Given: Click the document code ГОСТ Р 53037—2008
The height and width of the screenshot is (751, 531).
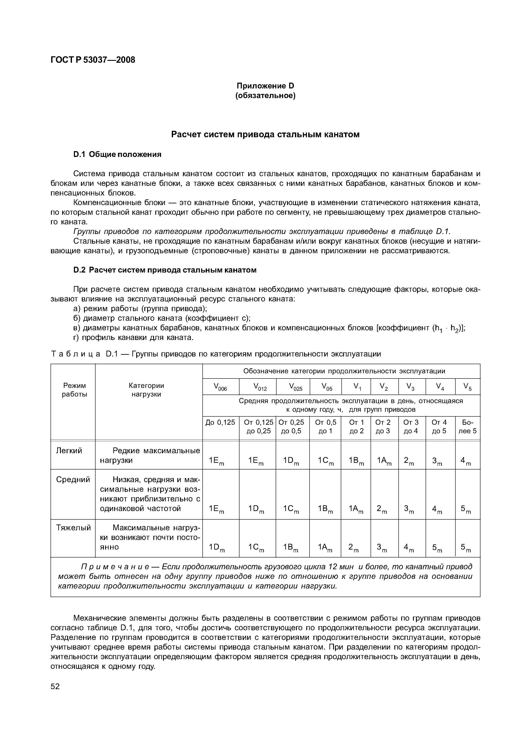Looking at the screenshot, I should tap(93, 60).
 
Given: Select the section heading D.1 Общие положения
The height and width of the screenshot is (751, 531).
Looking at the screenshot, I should tap(117, 154).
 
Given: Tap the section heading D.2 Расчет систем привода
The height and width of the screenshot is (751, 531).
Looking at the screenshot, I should tap(165, 270).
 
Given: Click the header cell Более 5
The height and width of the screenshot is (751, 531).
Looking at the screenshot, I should tap(468, 426).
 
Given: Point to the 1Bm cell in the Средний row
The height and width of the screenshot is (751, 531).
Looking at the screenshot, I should tap(325, 509).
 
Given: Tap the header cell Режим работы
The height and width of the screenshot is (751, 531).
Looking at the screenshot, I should tap(75, 390).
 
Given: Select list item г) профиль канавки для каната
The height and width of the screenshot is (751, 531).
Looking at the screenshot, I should tap(133, 337).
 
